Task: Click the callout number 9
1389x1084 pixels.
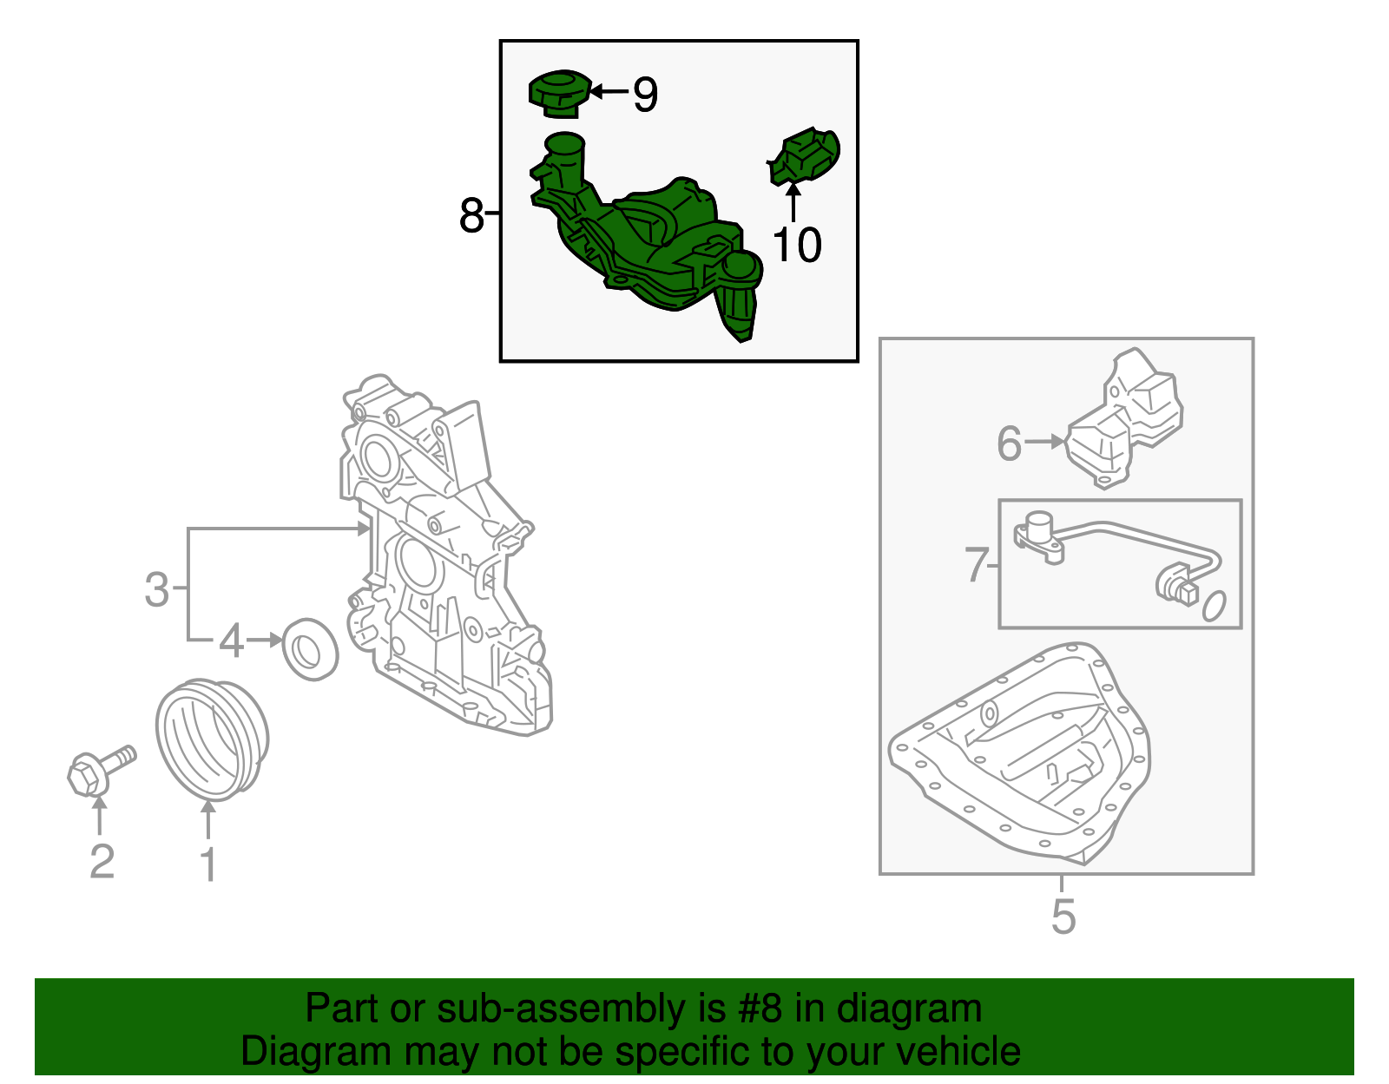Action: click(x=645, y=95)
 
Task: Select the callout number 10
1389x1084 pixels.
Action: click(x=796, y=245)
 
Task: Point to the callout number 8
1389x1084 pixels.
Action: click(x=471, y=215)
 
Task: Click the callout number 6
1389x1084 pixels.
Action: click(x=1010, y=444)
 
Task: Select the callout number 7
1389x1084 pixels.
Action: click(x=977, y=565)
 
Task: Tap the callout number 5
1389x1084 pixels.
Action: click(x=1063, y=916)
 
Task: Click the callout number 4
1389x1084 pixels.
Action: click(x=231, y=641)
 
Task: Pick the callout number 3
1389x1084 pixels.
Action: click(x=156, y=589)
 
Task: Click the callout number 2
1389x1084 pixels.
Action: click(x=102, y=861)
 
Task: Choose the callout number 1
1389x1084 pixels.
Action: click(x=209, y=864)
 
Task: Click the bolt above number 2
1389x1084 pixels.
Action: click(x=101, y=771)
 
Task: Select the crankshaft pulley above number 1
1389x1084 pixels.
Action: click(x=212, y=740)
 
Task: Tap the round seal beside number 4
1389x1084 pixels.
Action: click(x=310, y=649)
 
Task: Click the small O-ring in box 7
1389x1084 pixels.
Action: click(x=1215, y=606)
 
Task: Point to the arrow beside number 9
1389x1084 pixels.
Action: click(x=609, y=91)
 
